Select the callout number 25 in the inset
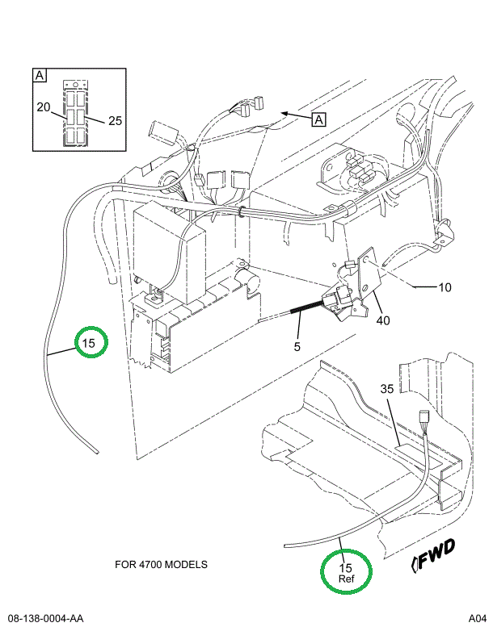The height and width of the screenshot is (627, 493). point(114,121)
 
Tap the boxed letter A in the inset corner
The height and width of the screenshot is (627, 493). point(39,76)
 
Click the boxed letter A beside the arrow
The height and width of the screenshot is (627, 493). point(318,119)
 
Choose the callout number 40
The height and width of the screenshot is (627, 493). point(382,320)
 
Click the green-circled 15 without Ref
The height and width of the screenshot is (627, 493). point(89,343)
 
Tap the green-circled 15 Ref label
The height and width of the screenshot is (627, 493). point(346,572)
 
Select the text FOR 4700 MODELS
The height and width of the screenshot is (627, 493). point(161,564)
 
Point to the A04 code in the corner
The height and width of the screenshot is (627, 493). point(476,618)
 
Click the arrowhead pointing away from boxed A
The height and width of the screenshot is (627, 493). point(282,114)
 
